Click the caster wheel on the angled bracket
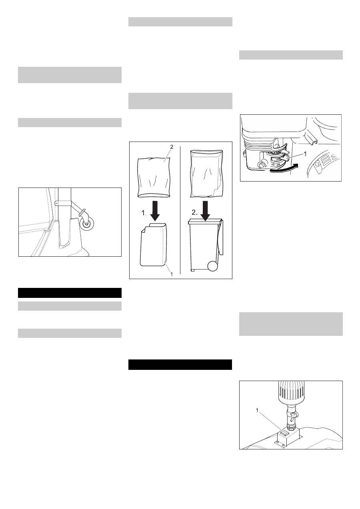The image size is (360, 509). pos(87,224)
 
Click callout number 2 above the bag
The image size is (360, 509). pos(172,147)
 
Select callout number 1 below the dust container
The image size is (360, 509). pos(172,275)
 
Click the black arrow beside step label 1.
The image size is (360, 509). pos(155,211)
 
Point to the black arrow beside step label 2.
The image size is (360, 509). pos(206,211)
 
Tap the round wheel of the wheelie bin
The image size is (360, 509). pos(213,266)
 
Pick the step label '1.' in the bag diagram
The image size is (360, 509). pos(144,213)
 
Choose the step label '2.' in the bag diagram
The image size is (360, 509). pos(194,212)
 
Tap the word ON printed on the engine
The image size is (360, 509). pos(278,164)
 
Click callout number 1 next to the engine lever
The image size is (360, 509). pos(305,154)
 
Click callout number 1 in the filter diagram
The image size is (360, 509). pos(257,410)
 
